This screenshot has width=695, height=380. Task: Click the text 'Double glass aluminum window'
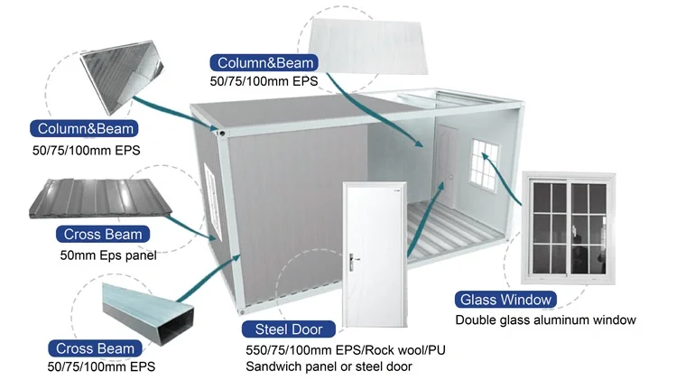pyautogui.click(x=545, y=320)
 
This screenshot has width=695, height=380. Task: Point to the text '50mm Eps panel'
pyautogui.click(x=102, y=255)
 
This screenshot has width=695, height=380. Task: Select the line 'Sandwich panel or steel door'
pyautogui.click(x=329, y=366)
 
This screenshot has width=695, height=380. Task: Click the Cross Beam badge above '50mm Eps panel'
pyautogui.click(x=102, y=235)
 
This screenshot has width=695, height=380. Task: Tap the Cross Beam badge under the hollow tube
pyautogui.click(x=95, y=348)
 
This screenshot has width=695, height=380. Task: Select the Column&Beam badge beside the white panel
pyautogui.click(x=264, y=62)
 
